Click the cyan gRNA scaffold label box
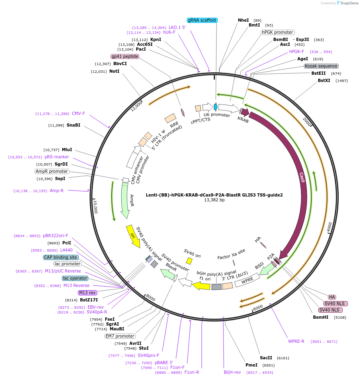(202, 20)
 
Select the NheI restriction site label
(243, 20)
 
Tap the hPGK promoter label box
(278, 32)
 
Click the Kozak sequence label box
(321, 66)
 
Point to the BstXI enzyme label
(324, 80)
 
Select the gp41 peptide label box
(125, 56)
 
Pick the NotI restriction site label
(114, 71)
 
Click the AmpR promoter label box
(52, 171)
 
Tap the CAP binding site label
(61, 257)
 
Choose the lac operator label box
(75, 278)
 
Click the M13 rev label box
(88, 293)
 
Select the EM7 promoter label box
(120, 336)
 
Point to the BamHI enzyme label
(321, 317)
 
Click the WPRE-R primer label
(296, 341)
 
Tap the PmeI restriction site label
(251, 365)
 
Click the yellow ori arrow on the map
(133, 236)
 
